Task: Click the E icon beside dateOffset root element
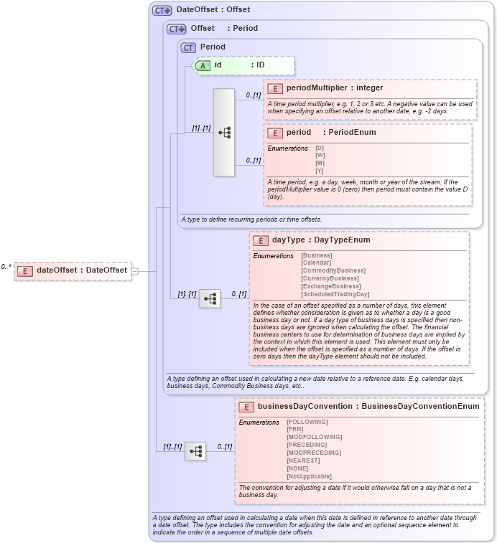[25, 270]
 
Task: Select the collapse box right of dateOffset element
[134, 270]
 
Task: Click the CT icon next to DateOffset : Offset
[162, 10]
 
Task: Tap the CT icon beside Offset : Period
[176, 29]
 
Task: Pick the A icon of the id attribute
[203, 65]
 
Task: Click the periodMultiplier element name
[317, 88]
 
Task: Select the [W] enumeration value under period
[320, 155]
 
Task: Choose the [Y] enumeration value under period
[320, 170]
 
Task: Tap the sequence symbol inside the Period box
[224, 133]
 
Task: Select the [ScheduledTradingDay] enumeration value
[335, 294]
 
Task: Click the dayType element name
[288, 240]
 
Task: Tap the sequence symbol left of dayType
[210, 299]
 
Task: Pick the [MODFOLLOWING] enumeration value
[314, 437]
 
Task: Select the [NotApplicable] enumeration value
[309, 476]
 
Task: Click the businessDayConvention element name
[305, 406]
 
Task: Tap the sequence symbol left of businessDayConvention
[195, 451]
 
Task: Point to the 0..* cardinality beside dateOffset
[6, 267]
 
